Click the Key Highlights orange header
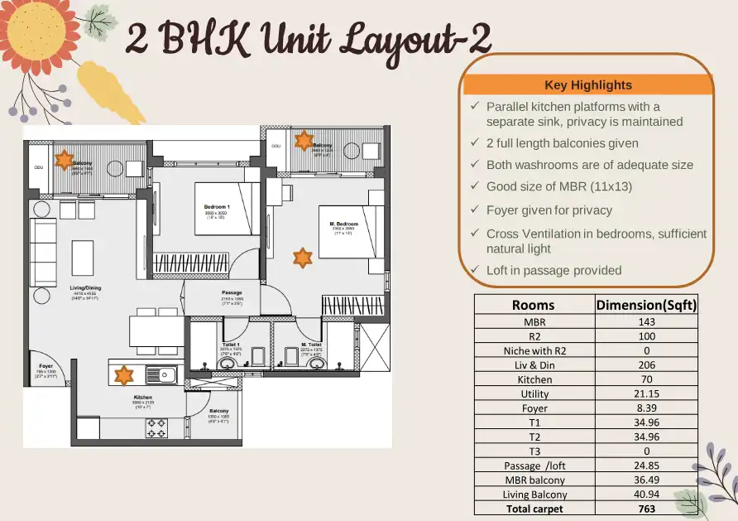click(588, 84)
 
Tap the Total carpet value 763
click(647, 508)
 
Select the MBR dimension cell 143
click(647, 321)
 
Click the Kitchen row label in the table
click(534, 379)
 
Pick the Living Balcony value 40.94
click(647, 494)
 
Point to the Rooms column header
click(534, 305)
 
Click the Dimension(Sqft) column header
click(647, 305)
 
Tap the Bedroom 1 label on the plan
click(217, 207)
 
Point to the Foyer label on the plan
click(46, 365)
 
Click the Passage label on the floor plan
click(232, 293)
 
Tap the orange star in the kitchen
click(123, 375)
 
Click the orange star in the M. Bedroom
click(303, 258)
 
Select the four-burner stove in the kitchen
click(157, 427)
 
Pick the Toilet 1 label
click(231, 345)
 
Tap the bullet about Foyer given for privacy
click(549, 210)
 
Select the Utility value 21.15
click(647, 393)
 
